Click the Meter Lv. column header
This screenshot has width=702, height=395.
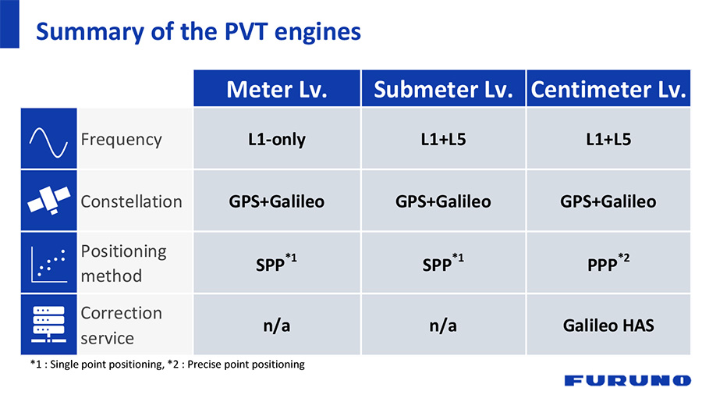coord(277,89)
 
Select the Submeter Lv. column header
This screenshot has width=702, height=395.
coord(443,89)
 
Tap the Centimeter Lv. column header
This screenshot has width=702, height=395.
coord(608,89)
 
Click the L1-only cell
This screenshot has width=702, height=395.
coord(277,139)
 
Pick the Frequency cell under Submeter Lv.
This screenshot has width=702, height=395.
coord(443,139)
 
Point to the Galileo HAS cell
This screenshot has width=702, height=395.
coord(608,326)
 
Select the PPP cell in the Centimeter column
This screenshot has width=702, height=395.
coord(608,263)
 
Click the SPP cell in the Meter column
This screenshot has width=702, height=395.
coord(277,263)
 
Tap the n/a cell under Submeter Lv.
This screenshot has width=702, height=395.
coord(443,326)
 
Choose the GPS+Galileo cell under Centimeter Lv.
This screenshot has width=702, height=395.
coord(608,201)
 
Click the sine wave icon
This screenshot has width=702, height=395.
coord(48,142)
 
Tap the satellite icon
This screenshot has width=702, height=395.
coord(49,200)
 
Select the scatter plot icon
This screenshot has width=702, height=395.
coord(49,264)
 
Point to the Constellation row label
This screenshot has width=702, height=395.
coord(131,201)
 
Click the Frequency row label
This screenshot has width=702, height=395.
coord(121,140)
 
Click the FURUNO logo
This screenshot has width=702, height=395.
coord(628,380)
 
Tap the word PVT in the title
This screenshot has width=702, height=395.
coord(246,31)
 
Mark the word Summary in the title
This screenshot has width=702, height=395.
coord(90,32)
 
